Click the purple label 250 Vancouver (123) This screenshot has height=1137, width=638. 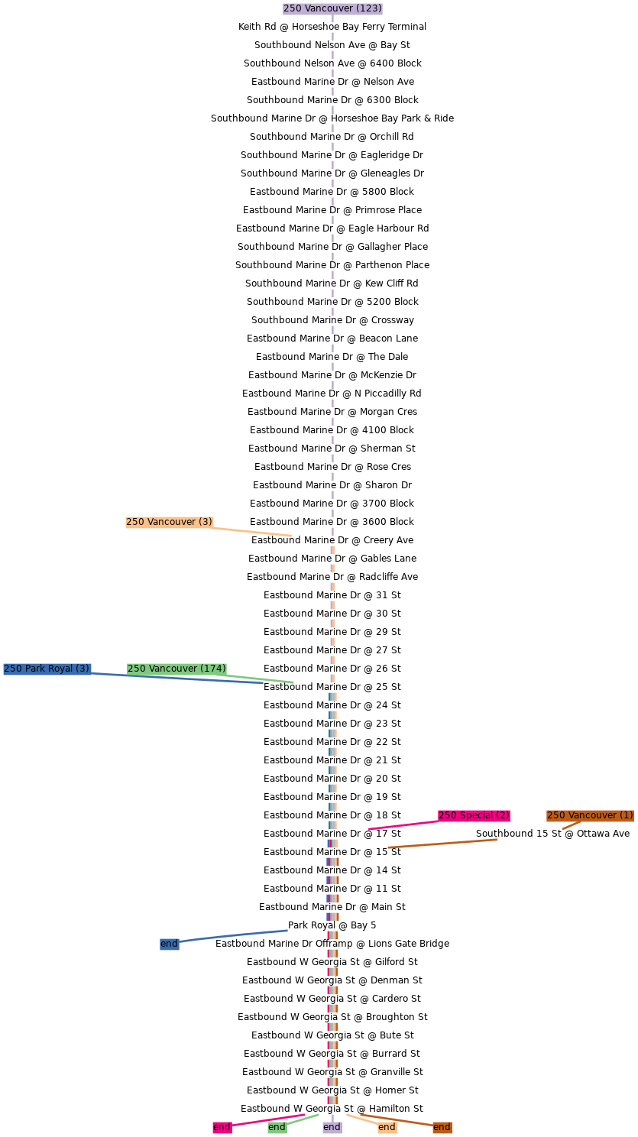pyautogui.click(x=332, y=8)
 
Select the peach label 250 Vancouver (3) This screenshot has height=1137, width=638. pyautogui.click(x=170, y=522)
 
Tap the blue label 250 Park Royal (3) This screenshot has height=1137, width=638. pyautogui.click(x=47, y=669)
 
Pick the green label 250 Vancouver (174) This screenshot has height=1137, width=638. pyautogui.click(x=177, y=669)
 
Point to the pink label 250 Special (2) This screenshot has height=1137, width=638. pyautogui.click(x=474, y=815)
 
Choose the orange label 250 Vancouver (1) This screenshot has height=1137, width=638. pyautogui.click(x=590, y=815)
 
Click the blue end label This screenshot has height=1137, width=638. pyautogui.click(x=169, y=944)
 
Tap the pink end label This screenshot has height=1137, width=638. pyautogui.click(x=222, y=1127)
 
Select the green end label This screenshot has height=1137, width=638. pyautogui.click(x=277, y=1127)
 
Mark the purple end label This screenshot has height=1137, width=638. pyautogui.click(x=332, y=1127)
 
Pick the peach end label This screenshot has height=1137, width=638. pyautogui.click(x=387, y=1127)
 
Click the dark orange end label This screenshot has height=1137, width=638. pyautogui.click(x=442, y=1127)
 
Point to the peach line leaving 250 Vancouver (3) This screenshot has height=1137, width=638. pyautogui.click(x=252, y=532)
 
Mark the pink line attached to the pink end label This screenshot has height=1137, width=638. pyautogui.click(x=267, y=1120)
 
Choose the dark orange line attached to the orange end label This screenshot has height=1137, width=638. pyautogui.click(x=397, y=1120)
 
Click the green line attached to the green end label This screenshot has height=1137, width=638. pyautogui.click(x=303, y=1119)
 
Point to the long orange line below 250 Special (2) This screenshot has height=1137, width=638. pyautogui.click(x=443, y=844)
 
